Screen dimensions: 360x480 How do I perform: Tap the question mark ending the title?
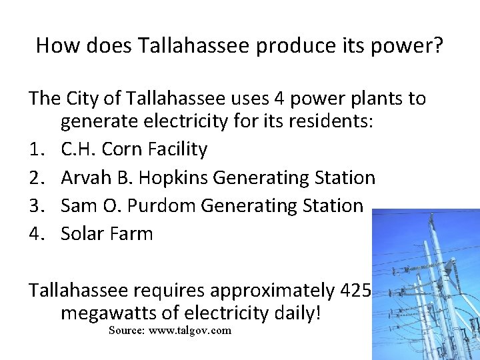437,45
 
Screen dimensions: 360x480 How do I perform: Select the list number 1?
37,149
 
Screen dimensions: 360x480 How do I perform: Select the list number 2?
37,178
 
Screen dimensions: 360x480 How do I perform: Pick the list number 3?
37,206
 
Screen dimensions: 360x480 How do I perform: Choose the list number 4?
37,234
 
